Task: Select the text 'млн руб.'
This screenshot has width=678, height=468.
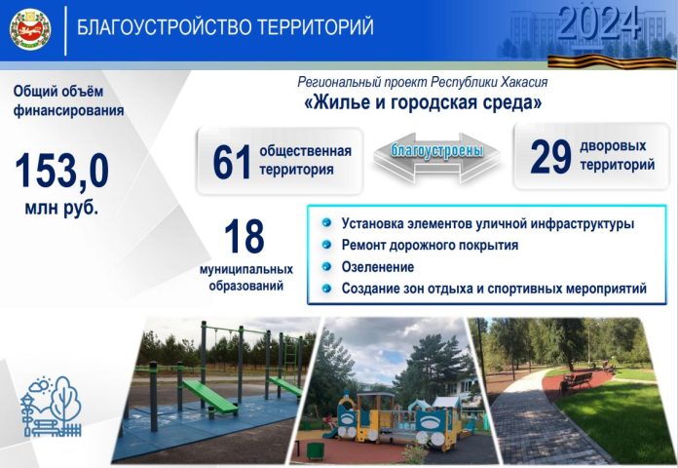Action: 62,209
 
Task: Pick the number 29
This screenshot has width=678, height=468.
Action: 550,159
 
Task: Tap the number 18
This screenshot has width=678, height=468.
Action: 244,237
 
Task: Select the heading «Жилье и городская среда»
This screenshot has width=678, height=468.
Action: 423,102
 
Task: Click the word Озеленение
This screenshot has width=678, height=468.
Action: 378,266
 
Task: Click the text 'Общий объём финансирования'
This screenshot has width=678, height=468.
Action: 68,101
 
